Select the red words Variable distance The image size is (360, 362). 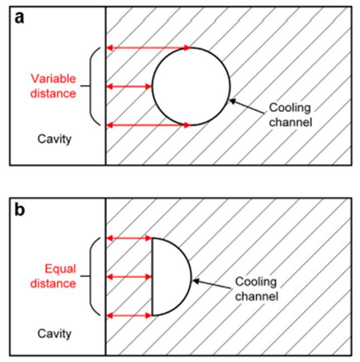52,86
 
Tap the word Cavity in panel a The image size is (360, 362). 54,139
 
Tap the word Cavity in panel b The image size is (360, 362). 54,334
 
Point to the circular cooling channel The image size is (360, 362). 191,87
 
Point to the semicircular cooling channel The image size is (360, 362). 170,277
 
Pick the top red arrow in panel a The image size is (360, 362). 148,48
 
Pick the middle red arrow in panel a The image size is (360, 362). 129,87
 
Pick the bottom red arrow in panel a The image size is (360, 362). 148,125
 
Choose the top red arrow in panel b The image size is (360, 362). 129,239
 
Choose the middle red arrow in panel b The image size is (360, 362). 129,277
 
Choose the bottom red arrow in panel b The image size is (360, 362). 129,316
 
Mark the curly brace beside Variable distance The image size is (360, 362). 93,87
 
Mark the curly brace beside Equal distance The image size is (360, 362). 93,277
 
